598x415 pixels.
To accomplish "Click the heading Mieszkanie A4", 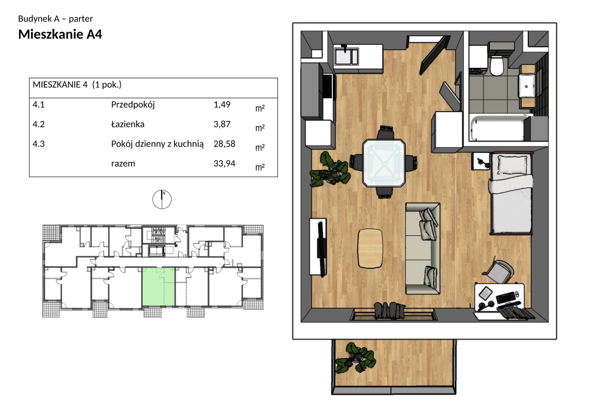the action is coord(60,35).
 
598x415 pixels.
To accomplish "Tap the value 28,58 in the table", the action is coord(224,144).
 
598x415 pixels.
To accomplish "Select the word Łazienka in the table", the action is coord(128,124).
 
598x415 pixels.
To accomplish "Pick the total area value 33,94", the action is coord(224,163).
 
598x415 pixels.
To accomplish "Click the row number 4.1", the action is coord(38,105).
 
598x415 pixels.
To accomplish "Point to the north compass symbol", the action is coord(162,199).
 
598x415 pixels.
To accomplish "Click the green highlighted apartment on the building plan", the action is coord(158,287).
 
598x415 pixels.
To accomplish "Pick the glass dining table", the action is coord(384,163).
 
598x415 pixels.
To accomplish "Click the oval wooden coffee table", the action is coord(370,248).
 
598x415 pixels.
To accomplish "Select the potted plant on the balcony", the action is coord(356,358).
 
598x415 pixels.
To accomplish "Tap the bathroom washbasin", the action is coord(527,86).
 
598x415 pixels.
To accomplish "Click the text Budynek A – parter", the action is coord(55,19).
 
